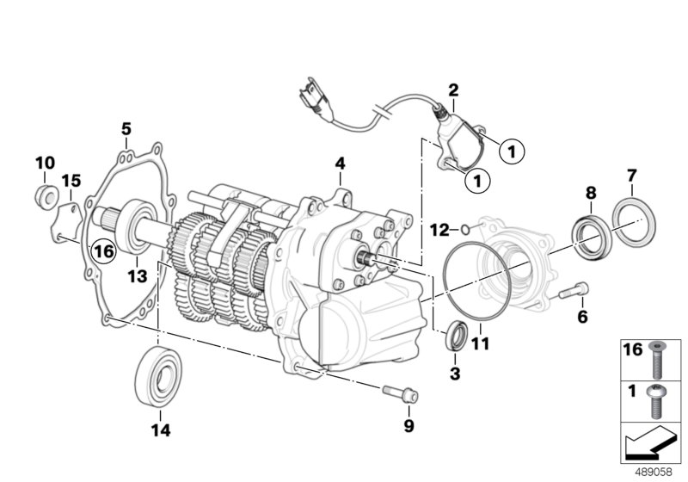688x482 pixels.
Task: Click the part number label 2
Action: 453,90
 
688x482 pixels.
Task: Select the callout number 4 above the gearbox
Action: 340,163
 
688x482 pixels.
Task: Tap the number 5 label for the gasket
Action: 126,129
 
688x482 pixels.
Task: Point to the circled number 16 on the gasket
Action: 103,251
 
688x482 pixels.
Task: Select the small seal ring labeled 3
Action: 456,335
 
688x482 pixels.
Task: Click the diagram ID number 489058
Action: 656,472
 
